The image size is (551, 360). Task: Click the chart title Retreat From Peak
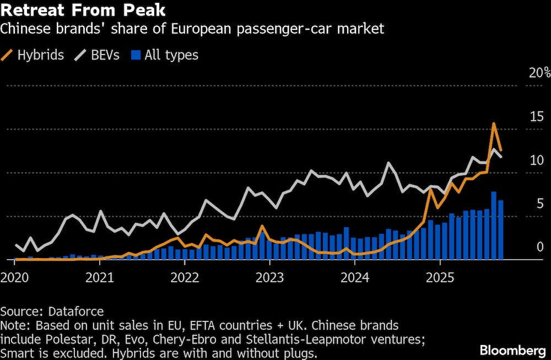click(83, 10)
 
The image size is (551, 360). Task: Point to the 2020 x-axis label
click(14, 276)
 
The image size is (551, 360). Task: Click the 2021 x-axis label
click(100, 276)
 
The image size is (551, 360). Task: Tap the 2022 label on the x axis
click(185, 276)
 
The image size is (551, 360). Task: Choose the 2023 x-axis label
click(270, 276)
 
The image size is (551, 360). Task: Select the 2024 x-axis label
click(355, 276)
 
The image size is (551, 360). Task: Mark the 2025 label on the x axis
click(440, 276)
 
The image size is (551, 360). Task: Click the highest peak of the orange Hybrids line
click(494, 123)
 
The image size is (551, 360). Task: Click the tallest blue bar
click(494, 225)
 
